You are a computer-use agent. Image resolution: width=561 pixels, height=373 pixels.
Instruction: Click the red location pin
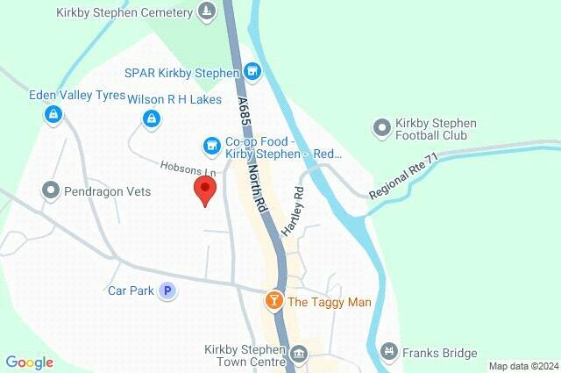click(204, 189)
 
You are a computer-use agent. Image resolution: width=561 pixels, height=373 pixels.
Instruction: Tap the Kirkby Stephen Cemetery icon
click(206, 11)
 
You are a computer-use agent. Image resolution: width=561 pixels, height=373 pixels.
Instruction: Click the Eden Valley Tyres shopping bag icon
click(54, 113)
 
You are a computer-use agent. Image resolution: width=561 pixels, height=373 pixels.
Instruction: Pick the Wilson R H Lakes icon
click(152, 117)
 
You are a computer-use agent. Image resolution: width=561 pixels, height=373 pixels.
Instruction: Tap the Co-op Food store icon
click(210, 144)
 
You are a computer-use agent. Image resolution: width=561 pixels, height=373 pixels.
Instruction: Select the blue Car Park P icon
click(167, 290)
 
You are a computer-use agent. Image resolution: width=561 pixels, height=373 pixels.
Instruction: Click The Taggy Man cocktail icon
click(274, 302)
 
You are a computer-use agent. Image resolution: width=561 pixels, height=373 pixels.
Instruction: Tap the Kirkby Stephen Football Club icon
click(380, 128)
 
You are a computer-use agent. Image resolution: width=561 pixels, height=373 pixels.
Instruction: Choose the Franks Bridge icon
click(388, 353)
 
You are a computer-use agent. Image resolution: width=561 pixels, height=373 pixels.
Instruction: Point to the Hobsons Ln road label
click(188, 168)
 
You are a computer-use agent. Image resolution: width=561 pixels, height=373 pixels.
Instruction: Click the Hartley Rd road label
click(293, 211)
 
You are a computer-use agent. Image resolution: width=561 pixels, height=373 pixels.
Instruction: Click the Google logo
click(29, 362)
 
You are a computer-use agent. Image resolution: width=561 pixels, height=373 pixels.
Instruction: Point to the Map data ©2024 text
click(522, 366)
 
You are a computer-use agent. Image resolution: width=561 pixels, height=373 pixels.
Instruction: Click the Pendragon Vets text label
click(108, 190)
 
